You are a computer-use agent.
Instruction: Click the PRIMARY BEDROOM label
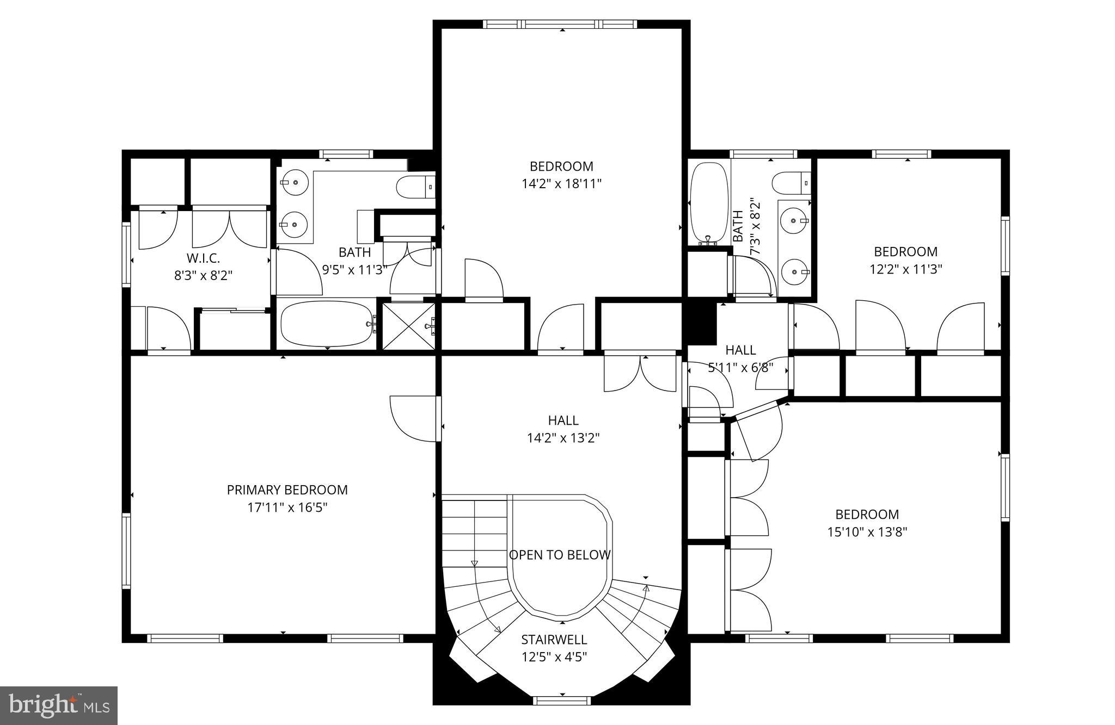(287, 490)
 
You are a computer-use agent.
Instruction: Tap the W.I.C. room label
(203, 258)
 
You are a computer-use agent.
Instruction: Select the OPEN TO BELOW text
(560, 555)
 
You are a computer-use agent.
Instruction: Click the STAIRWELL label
(554, 639)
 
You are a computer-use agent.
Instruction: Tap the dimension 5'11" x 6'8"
(740, 367)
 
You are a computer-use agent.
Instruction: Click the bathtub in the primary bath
(326, 324)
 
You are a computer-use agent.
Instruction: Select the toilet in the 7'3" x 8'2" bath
(791, 183)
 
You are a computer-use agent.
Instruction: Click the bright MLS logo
(59, 705)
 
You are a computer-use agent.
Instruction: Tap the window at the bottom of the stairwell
(561, 701)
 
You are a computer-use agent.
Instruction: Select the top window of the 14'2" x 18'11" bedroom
(560, 24)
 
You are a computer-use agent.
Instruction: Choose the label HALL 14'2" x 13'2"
(563, 429)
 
